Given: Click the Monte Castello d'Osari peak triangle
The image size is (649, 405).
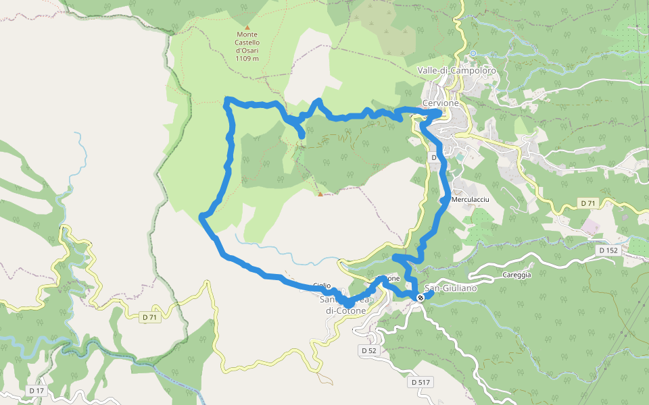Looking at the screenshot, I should coord(247,28).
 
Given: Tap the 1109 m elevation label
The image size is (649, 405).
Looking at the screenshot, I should coord(247,59).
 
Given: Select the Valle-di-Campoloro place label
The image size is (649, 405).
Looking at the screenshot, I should coord(457,71).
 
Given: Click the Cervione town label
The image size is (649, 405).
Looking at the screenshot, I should coord(440,103).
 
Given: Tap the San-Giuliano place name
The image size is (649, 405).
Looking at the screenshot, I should coord(452,288).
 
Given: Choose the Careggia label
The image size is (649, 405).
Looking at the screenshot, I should coord(517,275).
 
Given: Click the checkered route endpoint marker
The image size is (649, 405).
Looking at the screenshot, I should coord(420,298).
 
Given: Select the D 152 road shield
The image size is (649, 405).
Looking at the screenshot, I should coord(608,250).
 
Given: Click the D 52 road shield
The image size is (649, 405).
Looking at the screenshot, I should coord(368,351).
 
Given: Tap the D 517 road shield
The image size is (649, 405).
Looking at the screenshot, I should coord(420,383).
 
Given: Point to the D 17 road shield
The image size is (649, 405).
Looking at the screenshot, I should coord(37,391).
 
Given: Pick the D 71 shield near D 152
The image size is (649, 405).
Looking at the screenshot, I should coord(588,203).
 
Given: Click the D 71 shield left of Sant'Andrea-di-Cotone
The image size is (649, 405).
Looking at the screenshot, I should coord(149,317).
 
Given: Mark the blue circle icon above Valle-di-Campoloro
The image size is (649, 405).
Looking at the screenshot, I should coord(473,53).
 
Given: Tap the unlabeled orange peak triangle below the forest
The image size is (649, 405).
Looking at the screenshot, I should coord(320,195).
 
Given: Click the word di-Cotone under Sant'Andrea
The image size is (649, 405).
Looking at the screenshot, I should coord(345,311).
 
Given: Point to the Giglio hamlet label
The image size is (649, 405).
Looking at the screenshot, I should coord(322,286).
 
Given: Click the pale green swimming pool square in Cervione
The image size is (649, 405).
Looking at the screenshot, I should coord(460,157).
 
